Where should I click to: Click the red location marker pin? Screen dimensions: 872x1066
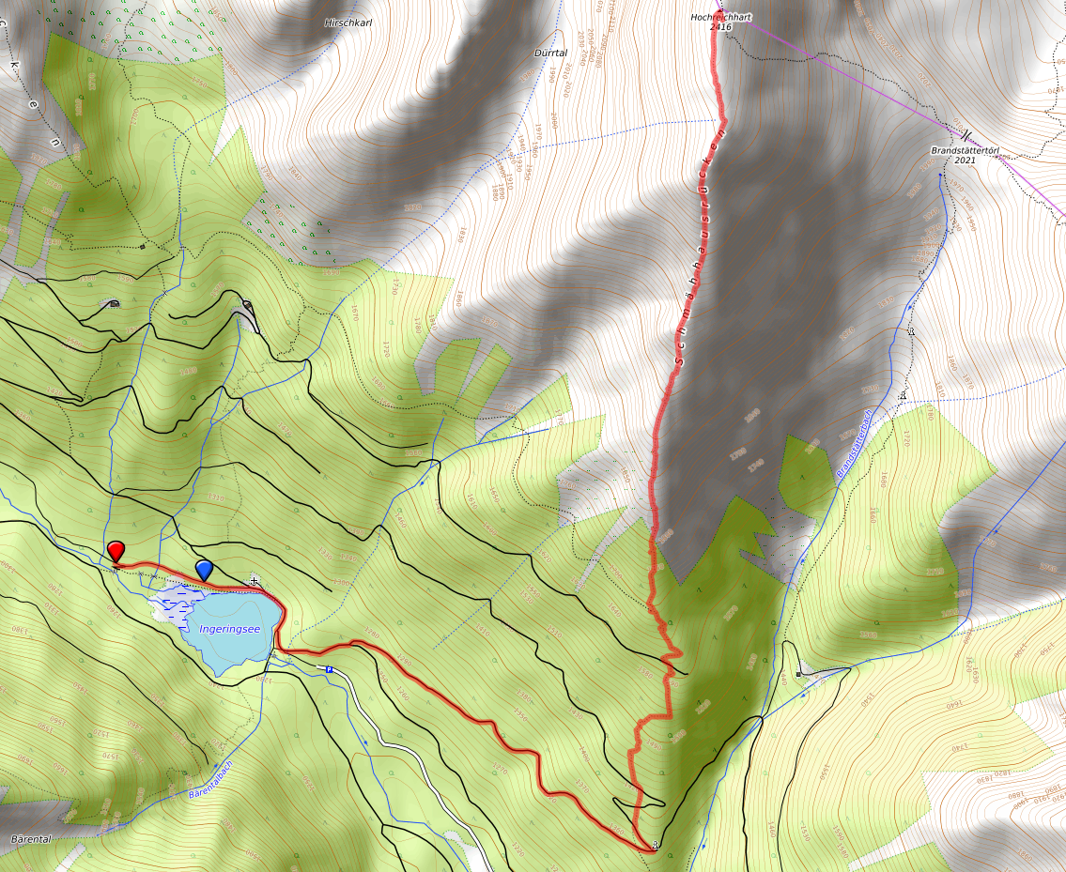pyautogui.click(x=116, y=550)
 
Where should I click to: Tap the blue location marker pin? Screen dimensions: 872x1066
pyautogui.click(x=204, y=569)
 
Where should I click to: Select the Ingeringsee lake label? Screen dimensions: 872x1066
pyautogui.click(x=229, y=628)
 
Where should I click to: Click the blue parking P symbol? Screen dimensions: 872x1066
pyautogui.click(x=330, y=669)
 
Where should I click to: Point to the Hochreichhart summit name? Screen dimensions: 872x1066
pyautogui.click(x=721, y=17)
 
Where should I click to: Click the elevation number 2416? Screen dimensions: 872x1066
pyautogui.click(x=721, y=27)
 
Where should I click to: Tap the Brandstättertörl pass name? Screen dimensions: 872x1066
pyautogui.click(x=964, y=150)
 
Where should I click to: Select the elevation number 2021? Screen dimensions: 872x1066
pyautogui.click(x=964, y=161)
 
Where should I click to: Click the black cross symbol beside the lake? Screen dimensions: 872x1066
pyautogui.click(x=255, y=582)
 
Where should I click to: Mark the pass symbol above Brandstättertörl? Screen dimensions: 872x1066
pyautogui.click(x=965, y=135)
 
